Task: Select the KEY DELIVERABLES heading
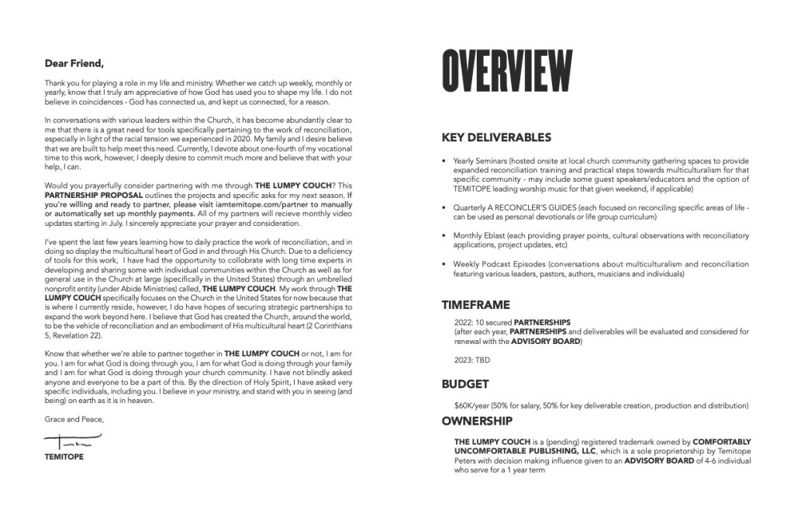coord(496,137)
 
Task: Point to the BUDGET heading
coord(465,384)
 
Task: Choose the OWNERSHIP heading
coord(477,422)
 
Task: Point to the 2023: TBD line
coord(471,360)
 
